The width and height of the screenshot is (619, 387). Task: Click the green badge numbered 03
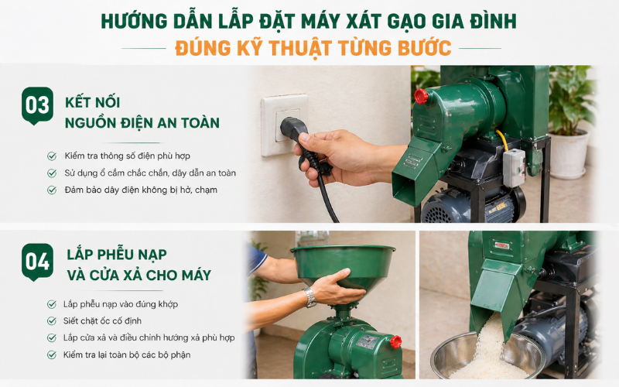[x=37, y=105]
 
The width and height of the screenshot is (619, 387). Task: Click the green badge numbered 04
[x=37, y=262]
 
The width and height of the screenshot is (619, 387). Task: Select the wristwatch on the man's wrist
[x=310, y=297]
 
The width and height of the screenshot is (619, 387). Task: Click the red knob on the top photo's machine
[x=421, y=96]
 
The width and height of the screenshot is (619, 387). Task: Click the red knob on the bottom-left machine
[x=395, y=342]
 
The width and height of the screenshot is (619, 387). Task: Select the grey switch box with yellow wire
[x=514, y=167]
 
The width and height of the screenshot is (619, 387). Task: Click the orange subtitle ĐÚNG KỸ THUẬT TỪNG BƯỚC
[x=313, y=48]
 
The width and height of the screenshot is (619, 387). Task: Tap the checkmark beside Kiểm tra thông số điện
[x=52, y=156]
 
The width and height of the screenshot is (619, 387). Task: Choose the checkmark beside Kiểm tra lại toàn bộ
[x=52, y=354]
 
